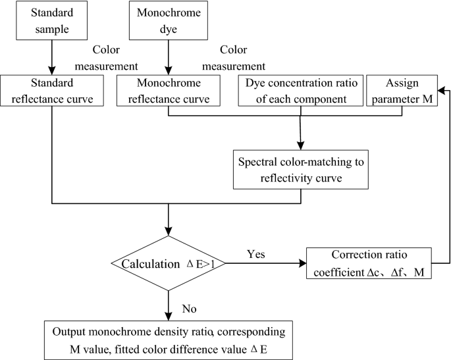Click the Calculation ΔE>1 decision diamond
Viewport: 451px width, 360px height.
[169, 264]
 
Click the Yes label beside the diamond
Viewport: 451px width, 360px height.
[257, 253]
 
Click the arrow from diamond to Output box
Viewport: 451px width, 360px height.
[170, 306]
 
